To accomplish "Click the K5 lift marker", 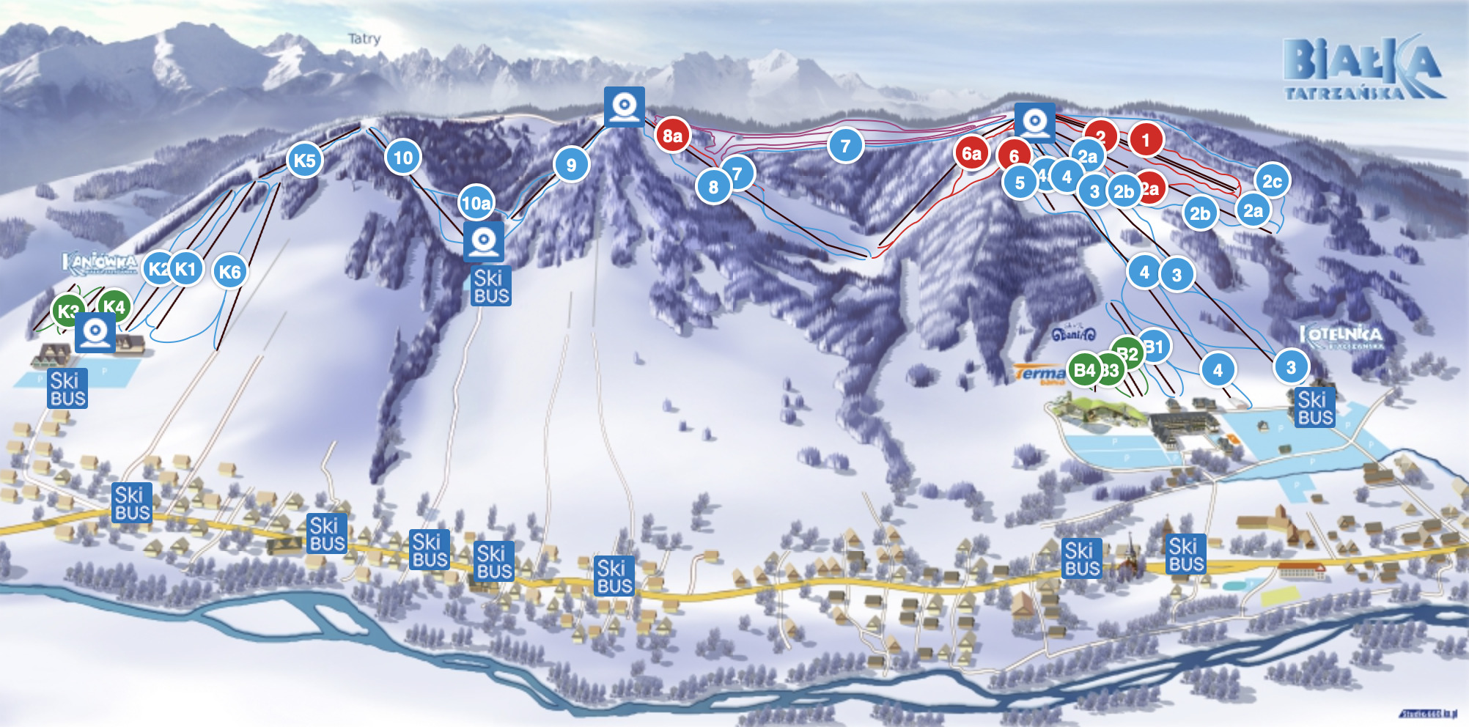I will point(304,160).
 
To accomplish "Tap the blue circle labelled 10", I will point(403,157).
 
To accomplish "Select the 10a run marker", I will point(476,203).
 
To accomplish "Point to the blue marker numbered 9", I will point(571,164).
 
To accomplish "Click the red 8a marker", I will point(672,136).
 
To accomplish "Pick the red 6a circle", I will point(971,153).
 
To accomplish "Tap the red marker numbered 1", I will point(1146,139).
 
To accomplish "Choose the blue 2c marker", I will point(1272,181).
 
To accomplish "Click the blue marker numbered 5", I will point(1020,182).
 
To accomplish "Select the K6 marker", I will point(229,272).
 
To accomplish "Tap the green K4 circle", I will point(114,306).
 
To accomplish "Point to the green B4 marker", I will point(1084,370).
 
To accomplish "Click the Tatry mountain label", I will point(364,39).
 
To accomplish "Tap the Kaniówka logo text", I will point(100,262).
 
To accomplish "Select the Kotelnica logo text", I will point(1341,336).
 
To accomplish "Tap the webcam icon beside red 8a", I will point(625,106).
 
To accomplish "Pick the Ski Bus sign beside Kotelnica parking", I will point(1314,408).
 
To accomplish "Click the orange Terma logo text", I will point(1040,374).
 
